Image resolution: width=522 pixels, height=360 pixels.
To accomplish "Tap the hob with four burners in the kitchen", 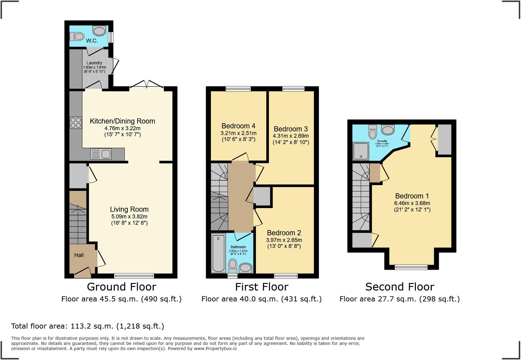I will [76, 123].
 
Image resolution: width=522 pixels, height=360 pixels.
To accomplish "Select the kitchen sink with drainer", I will [101, 154].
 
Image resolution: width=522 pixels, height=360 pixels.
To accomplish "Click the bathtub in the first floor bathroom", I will [218, 253].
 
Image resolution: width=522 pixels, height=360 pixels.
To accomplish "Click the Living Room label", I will [129, 209].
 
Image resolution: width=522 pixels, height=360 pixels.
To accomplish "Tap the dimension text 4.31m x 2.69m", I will [291, 136].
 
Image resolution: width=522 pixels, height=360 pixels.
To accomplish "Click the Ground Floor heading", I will [121, 287].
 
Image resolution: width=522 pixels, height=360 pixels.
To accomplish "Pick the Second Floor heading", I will [399, 287].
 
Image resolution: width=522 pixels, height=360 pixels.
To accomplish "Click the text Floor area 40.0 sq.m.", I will [261, 299].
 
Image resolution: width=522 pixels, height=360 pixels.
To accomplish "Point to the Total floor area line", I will [88, 326].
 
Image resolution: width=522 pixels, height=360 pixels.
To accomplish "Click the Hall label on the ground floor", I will [79, 255].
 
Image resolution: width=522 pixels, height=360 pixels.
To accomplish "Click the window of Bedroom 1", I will [411, 267].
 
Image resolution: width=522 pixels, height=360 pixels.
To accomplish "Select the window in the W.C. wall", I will [111, 37].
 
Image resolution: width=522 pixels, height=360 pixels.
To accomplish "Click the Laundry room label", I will [94, 63].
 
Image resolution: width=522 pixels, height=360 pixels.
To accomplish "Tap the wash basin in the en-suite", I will [388, 130].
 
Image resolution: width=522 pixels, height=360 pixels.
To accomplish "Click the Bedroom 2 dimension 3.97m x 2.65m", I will [284, 240].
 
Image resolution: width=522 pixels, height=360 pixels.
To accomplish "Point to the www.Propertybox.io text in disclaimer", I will [215, 349].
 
